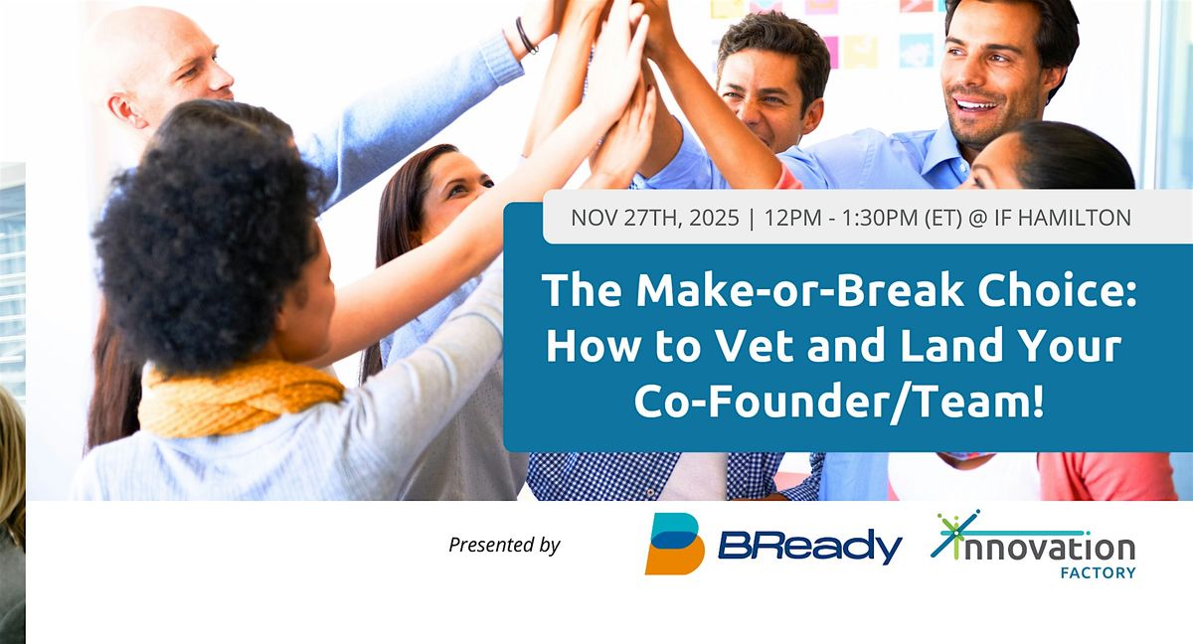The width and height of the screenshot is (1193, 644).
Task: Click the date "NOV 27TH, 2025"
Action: (653, 218)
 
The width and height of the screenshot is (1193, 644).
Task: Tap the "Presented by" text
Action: (504, 545)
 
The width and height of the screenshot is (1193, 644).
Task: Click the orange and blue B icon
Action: (674, 544)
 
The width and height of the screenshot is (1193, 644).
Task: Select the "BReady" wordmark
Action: (809, 546)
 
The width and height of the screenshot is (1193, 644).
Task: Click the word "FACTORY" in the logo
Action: (1103, 572)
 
